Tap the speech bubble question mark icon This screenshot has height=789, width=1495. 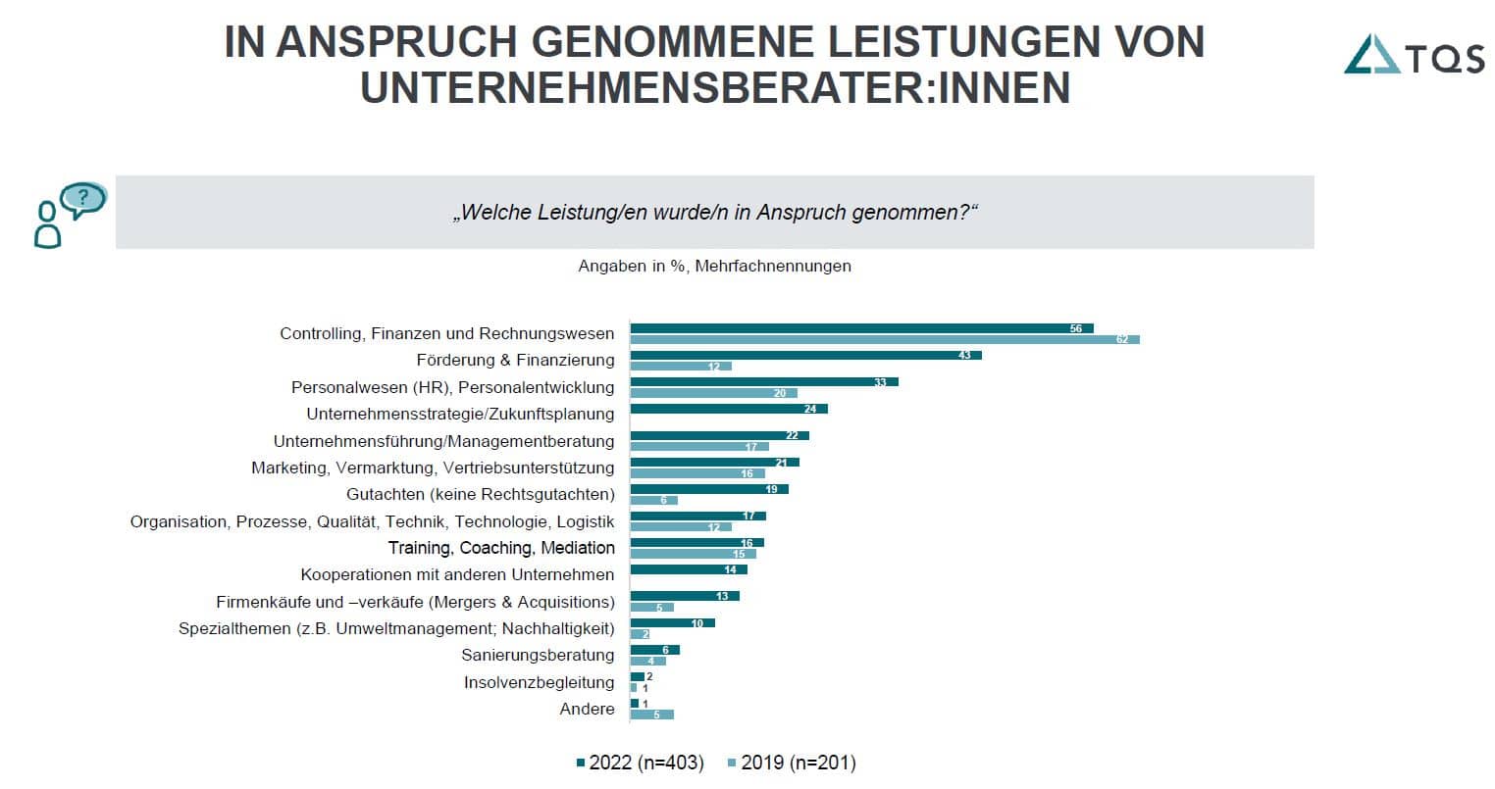point(82,199)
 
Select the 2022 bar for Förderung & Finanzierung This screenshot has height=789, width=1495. point(805,355)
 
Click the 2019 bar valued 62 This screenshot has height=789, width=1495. point(884,339)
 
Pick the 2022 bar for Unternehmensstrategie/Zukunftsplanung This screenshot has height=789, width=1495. point(729,409)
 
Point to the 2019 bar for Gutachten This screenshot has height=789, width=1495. point(653,500)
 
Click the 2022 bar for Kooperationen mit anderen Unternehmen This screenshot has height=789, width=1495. point(688,569)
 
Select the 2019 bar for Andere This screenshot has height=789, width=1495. point(651,715)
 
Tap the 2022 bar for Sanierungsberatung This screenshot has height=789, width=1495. point(654,650)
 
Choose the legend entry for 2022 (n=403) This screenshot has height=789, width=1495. point(640,763)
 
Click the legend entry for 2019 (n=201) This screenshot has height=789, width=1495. point(791,763)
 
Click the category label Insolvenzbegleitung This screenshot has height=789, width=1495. point(539,682)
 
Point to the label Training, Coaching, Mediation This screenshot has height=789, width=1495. point(501,548)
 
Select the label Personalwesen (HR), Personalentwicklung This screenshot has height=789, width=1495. point(452,387)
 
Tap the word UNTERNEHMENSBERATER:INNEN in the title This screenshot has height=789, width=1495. point(714,87)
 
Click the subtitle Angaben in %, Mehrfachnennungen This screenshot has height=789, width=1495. point(714,266)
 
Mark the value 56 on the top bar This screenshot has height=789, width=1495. point(1076,329)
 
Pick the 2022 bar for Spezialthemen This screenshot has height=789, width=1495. point(672,622)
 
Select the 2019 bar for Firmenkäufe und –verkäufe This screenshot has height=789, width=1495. point(651,608)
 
